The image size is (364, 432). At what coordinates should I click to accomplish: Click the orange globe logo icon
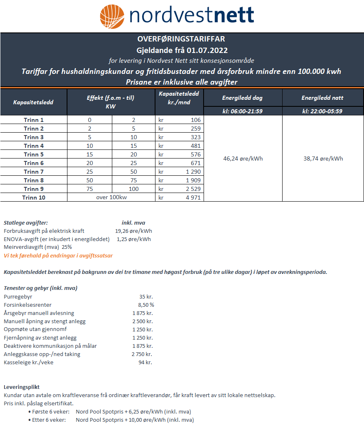pos(112,16)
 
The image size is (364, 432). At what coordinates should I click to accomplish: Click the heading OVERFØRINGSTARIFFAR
pos(181,39)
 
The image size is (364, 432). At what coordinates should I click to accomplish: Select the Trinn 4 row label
pos(34,146)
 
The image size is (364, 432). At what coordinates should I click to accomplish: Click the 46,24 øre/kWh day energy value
pos(243,159)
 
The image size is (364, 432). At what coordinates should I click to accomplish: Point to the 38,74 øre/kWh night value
pos(323,159)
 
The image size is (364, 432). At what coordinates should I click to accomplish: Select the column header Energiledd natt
pos(322,98)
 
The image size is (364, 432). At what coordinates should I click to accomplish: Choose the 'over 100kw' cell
pos(111,198)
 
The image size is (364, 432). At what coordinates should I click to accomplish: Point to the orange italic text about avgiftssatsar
pos(58,255)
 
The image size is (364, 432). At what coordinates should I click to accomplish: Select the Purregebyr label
pos(18,296)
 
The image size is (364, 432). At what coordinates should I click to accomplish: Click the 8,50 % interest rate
pos(146,305)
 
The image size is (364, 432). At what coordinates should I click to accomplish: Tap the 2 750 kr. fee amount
pos(142,354)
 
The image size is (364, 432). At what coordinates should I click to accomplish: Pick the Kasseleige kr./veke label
pos(28,362)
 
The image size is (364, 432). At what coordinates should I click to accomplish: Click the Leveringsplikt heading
pos(21,387)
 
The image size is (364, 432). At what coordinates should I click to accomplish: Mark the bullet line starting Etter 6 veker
pos(111,420)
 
